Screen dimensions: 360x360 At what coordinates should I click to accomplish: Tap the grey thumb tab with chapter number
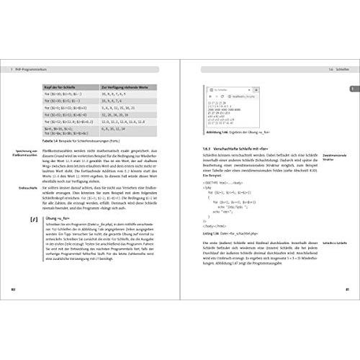coord(352,89)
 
